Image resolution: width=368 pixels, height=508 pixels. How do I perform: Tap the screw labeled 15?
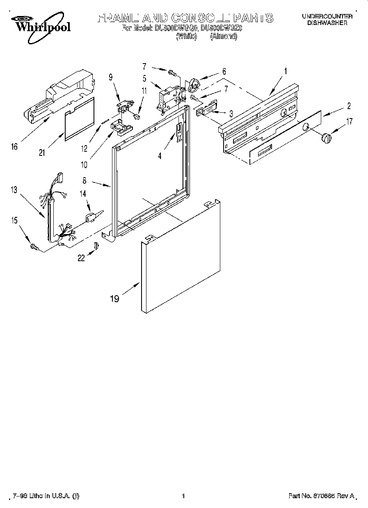pos(33,246)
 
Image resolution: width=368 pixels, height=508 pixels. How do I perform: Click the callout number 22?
pos(81,257)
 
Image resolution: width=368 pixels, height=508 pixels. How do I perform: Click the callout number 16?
pos(15,146)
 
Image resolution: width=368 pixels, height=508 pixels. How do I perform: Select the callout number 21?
pos(41,153)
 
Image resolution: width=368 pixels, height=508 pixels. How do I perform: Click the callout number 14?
pos(82,194)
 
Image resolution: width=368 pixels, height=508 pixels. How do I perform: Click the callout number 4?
pos(160,155)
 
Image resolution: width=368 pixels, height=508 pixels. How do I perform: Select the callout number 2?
pos(349,106)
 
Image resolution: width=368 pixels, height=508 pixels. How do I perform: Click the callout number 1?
pos(286,71)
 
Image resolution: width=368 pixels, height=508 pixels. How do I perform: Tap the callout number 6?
pos(224,71)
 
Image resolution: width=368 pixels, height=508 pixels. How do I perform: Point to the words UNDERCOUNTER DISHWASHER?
pos(327,20)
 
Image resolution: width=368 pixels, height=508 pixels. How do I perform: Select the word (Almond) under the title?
pos(224,36)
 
